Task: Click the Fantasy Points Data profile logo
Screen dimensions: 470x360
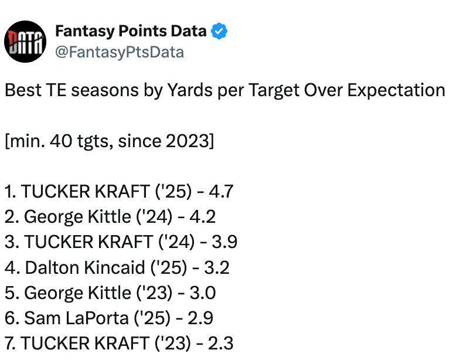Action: point(25,42)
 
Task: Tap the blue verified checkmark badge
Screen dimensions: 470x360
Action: point(219,31)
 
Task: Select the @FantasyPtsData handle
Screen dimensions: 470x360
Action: point(120,52)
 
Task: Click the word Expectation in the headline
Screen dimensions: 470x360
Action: point(396,90)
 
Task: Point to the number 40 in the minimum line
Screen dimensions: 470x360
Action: point(61,141)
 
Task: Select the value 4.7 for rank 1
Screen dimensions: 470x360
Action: point(221,191)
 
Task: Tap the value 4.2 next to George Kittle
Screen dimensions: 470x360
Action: point(203,216)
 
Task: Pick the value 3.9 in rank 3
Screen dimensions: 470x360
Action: point(224,242)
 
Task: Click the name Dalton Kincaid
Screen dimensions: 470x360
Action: point(85,267)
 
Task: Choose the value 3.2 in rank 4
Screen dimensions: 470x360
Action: point(217,267)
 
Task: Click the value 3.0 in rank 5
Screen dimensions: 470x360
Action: point(203,293)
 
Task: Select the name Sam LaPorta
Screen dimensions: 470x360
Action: point(76,318)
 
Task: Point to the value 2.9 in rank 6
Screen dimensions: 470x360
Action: point(200,318)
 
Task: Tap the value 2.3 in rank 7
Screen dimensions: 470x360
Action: point(220,344)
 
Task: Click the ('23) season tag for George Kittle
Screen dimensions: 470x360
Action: point(155,293)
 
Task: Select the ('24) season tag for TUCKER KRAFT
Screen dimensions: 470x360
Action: point(176,242)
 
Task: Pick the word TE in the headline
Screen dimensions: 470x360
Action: point(56,90)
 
